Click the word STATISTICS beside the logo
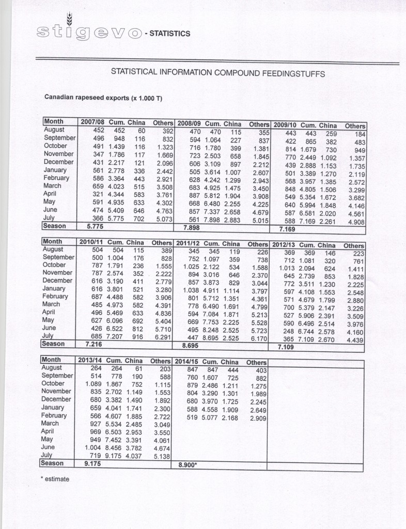[170, 34]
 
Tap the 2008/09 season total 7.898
[192, 227]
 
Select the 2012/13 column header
[284, 244]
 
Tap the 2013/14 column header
[90, 360]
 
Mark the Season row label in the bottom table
[53, 463]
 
